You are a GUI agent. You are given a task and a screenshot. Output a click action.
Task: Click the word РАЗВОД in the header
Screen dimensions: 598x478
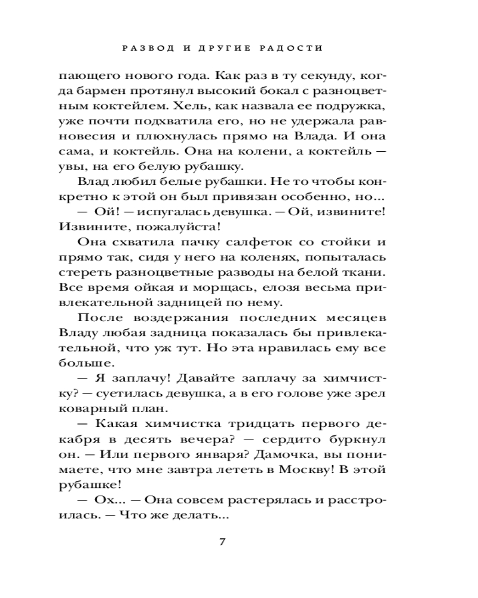tap(148, 47)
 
